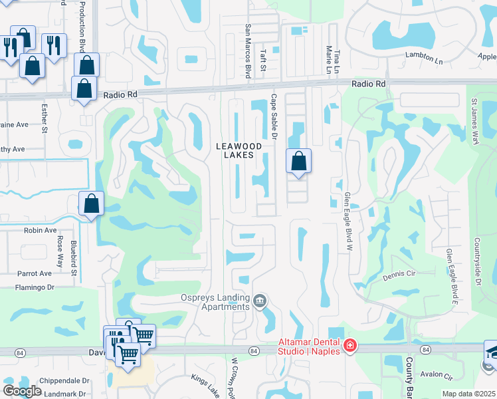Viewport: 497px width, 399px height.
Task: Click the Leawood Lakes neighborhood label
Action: coord(235,150)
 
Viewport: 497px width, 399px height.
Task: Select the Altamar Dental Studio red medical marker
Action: coord(349,346)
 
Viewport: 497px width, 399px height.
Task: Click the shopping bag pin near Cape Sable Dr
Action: coord(298,160)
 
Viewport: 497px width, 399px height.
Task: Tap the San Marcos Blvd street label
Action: coord(248,52)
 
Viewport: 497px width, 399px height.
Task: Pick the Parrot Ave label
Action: coord(35,273)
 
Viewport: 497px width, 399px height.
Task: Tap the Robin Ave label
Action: coord(40,230)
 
